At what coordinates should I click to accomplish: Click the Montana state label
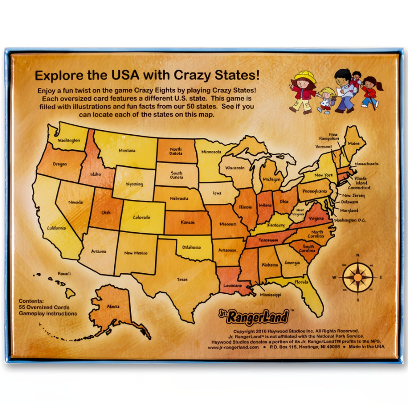click(x=127, y=150)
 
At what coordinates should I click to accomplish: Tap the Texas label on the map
click(x=182, y=280)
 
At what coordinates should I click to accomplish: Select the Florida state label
click(x=301, y=282)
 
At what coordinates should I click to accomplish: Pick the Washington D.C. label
click(x=350, y=220)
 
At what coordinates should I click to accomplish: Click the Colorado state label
click(x=141, y=218)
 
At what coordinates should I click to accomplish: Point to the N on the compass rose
click(x=358, y=255)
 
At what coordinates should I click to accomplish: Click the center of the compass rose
click(x=358, y=277)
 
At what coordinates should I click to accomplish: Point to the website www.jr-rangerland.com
click(x=233, y=347)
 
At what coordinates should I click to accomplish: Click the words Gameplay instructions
click(x=48, y=313)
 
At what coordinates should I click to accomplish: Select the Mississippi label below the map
click(x=270, y=295)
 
